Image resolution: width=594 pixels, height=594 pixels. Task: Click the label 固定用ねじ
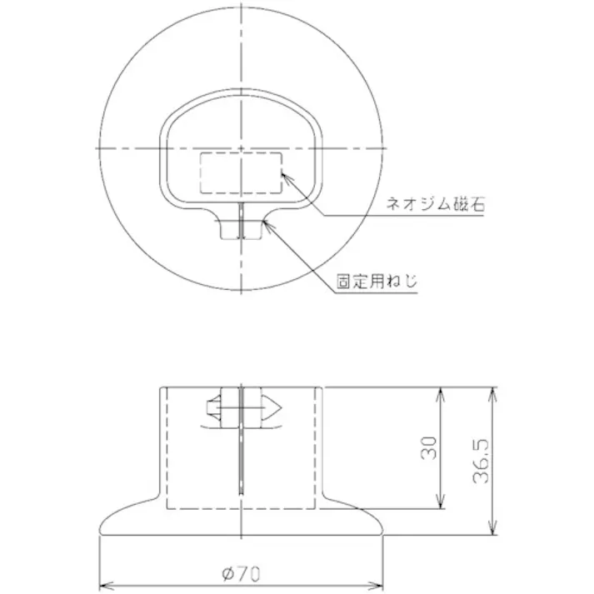click(x=375, y=282)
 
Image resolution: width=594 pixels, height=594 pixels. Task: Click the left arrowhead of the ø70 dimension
click(x=104, y=582)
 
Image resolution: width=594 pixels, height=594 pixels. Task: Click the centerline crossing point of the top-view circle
click(x=241, y=148)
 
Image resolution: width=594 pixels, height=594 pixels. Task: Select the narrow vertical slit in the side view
click(x=241, y=458)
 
